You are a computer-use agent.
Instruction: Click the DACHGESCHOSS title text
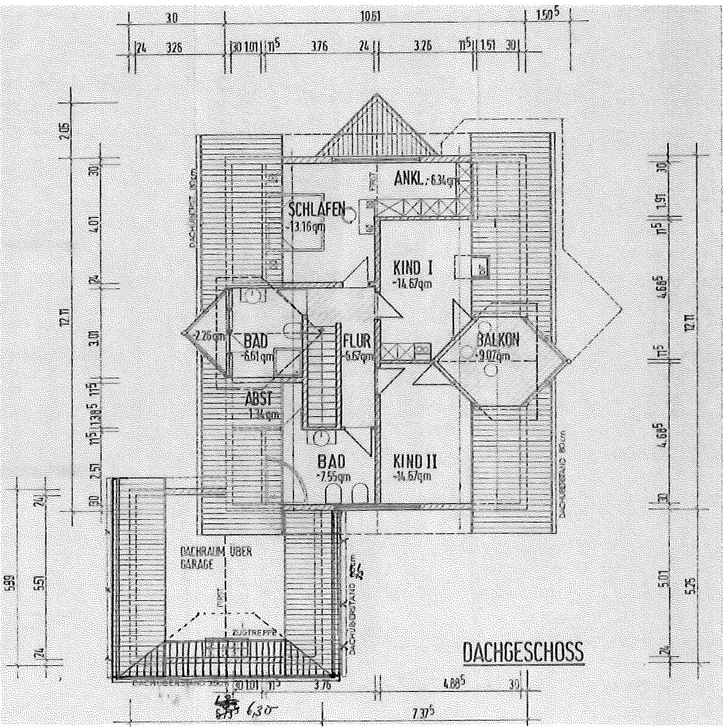[x=523, y=652]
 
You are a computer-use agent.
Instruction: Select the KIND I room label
[x=414, y=268]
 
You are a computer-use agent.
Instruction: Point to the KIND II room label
[x=415, y=461]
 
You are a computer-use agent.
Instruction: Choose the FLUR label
[x=357, y=341]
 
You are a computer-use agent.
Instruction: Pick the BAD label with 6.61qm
[x=256, y=342]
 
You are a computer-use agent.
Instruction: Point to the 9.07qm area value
[x=495, y=356]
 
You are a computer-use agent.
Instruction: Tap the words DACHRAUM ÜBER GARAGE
[x=215, y=557]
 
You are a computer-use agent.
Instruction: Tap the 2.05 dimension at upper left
[x=66, y=132]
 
